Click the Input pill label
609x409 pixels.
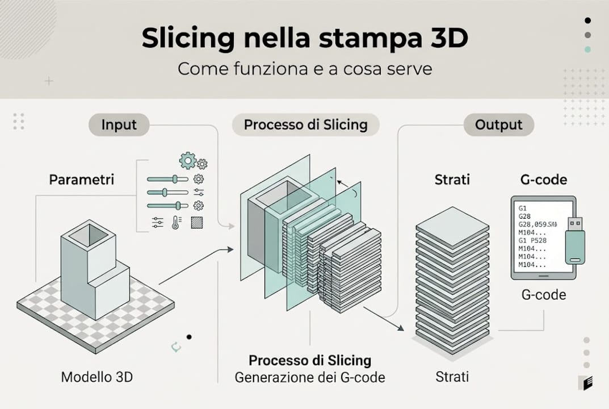pos(119,125)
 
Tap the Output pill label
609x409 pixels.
pos(498,125)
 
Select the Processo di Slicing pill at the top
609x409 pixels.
pos(305,125)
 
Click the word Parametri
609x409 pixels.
pos(81,180)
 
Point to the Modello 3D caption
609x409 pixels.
pos(96,377)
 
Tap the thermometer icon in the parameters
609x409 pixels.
pos(177,222)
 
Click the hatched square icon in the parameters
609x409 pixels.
pos(197,222)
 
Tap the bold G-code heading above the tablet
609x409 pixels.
pos(543,180)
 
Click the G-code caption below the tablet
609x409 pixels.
pos(543,295)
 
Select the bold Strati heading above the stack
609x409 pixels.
pos(452,180)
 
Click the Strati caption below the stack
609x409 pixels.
pos(452,377)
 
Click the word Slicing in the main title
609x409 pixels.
pos(188,39)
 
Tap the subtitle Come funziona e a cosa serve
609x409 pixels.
pos(305,69)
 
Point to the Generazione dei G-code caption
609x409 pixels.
pos(310,377)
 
